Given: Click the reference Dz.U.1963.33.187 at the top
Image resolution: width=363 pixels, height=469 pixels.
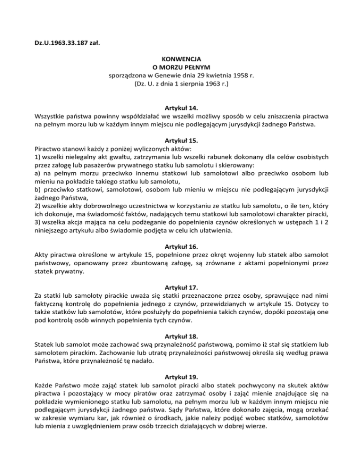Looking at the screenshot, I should point(61,45).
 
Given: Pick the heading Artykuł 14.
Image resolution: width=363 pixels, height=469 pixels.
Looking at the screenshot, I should point(181,108).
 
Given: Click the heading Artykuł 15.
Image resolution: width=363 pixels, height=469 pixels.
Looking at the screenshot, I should point(181,140).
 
